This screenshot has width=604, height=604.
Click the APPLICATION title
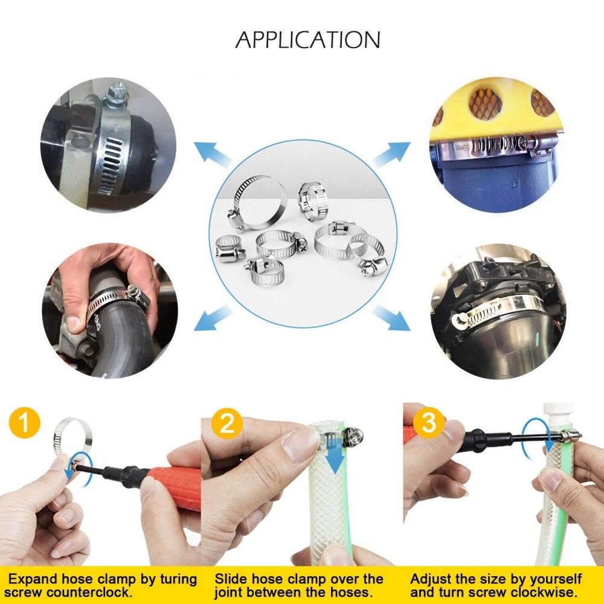point(307,40)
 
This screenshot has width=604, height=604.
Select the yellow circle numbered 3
point(428,423)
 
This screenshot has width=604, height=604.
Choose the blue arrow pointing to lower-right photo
point(391,317)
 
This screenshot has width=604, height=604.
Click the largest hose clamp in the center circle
point(258,198)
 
